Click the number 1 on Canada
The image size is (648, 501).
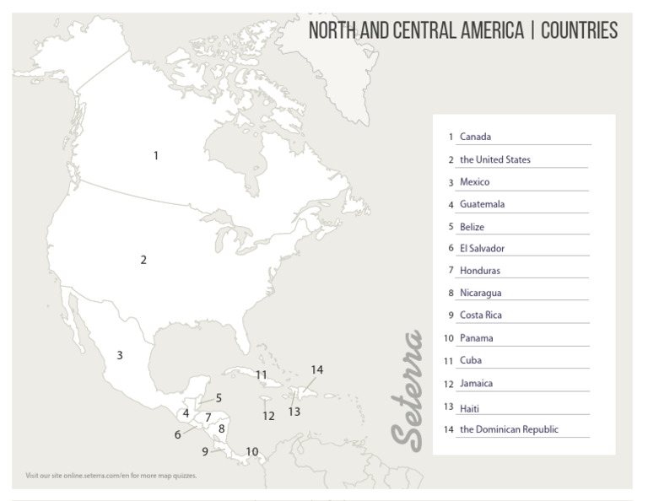click(x=155, y=155)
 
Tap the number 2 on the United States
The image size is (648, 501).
click(x=143, y=260)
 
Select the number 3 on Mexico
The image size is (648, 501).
click(x=120, y=356)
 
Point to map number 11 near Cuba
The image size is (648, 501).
click(x=262, y=374)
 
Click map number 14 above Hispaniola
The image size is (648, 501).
click(x=316, y=369)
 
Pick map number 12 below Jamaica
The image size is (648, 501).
click(x=268, y=416)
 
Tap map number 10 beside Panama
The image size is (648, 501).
click(x=252, y=452)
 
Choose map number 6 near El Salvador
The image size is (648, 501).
click(x=178, y=435)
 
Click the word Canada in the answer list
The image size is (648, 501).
click(x=475, y=137)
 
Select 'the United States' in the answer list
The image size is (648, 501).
click(x=494, y=159)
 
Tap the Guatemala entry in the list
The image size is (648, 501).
click(x=482, y=204)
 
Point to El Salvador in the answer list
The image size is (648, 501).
click(x=482, y=249)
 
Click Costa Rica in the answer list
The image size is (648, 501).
click(x=481, y=315)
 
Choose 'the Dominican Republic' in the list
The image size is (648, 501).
click(x=509, y=429)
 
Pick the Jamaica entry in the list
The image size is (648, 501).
click(x=476, y=384)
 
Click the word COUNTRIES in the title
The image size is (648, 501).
click(x=579, y=32)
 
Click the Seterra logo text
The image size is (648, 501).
click(x=408, y=389)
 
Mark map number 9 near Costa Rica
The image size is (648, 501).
click(x=205, y=452)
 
